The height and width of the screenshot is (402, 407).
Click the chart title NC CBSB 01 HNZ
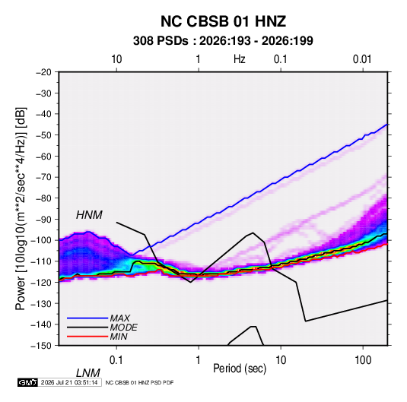point(223,21)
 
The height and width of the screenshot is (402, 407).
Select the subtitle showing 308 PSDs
point(223,41)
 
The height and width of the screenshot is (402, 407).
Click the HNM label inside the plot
point(89,215)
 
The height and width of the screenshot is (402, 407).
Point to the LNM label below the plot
point(88,373)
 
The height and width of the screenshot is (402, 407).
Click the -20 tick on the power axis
point(43,72)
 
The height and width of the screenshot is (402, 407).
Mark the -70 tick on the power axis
point(43,177)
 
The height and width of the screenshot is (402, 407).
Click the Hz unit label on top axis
point(240,59)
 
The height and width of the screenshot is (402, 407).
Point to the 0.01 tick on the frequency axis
point(362,59)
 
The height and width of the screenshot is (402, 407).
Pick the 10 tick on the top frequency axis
point(116,59)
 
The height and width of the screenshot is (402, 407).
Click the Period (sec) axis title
point(240,369)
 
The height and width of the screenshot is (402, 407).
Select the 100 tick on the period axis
point(363,360)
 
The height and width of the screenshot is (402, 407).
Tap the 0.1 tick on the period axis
point(116,360)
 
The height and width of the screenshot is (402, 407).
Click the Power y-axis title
point(21,208)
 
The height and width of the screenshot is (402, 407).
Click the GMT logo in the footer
point(27,382)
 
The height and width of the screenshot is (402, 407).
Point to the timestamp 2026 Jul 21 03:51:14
point(69,382)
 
